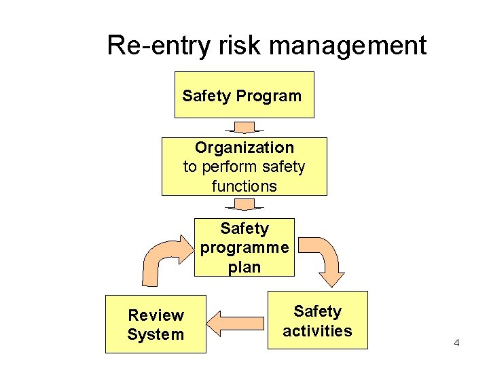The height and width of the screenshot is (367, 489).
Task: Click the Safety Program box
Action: click(x=244, y=95)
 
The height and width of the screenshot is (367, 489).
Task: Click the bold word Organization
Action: click(x=244, y=147)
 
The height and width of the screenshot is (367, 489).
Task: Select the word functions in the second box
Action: click(x=244, y=186)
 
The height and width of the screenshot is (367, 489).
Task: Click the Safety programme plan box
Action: click(x=244, y=247)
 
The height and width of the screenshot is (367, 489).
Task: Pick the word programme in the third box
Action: click(x=244, y=247)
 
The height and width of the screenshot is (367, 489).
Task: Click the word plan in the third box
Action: click(x=244, y=267)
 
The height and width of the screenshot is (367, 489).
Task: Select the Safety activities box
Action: click(x=317, y=321)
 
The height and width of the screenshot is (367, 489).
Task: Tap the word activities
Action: click(x=317, y=331)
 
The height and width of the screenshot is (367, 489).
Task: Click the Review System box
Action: click(x=156, y=324)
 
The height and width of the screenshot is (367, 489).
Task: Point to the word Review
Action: click(x=156, y=315)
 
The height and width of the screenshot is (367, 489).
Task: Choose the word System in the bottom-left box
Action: click(x=156, y=334)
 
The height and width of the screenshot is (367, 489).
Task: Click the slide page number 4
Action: click(x=456, y=343)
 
